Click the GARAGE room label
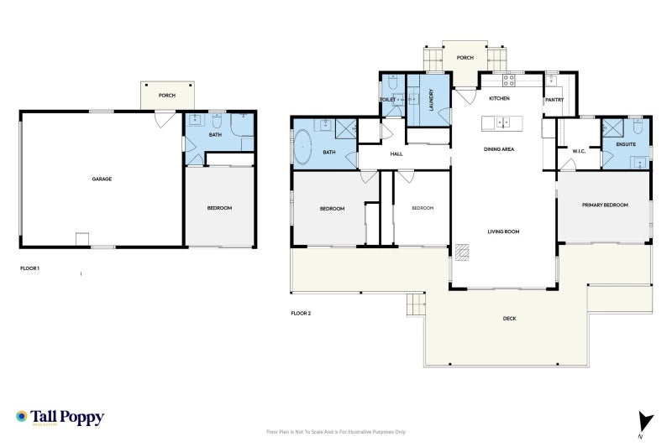(102, 179)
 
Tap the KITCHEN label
(500, 99)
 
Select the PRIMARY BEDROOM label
(605, 205)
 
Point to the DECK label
(509, 318)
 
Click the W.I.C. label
(578, 152)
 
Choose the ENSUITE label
(626, 144)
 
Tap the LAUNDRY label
(431, 100)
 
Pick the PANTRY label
(554, 100)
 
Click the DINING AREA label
(499, 149)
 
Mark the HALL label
(396, 154)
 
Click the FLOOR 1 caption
(29, 268)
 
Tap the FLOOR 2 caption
(301, 313)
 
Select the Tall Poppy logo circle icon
(22, 416)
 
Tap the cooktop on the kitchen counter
(508, 81)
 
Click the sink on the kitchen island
(501, 123)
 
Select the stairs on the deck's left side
(416, 305)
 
